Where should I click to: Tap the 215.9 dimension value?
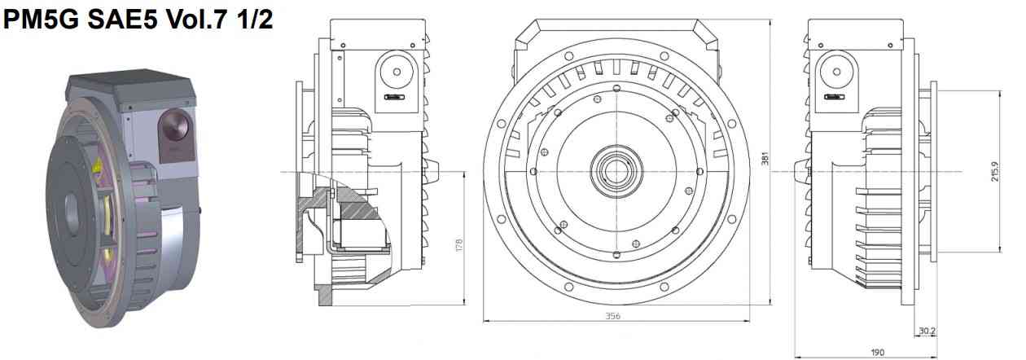(995, 171)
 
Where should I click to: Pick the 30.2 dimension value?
(927, 331)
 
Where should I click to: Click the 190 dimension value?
(876, 353)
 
